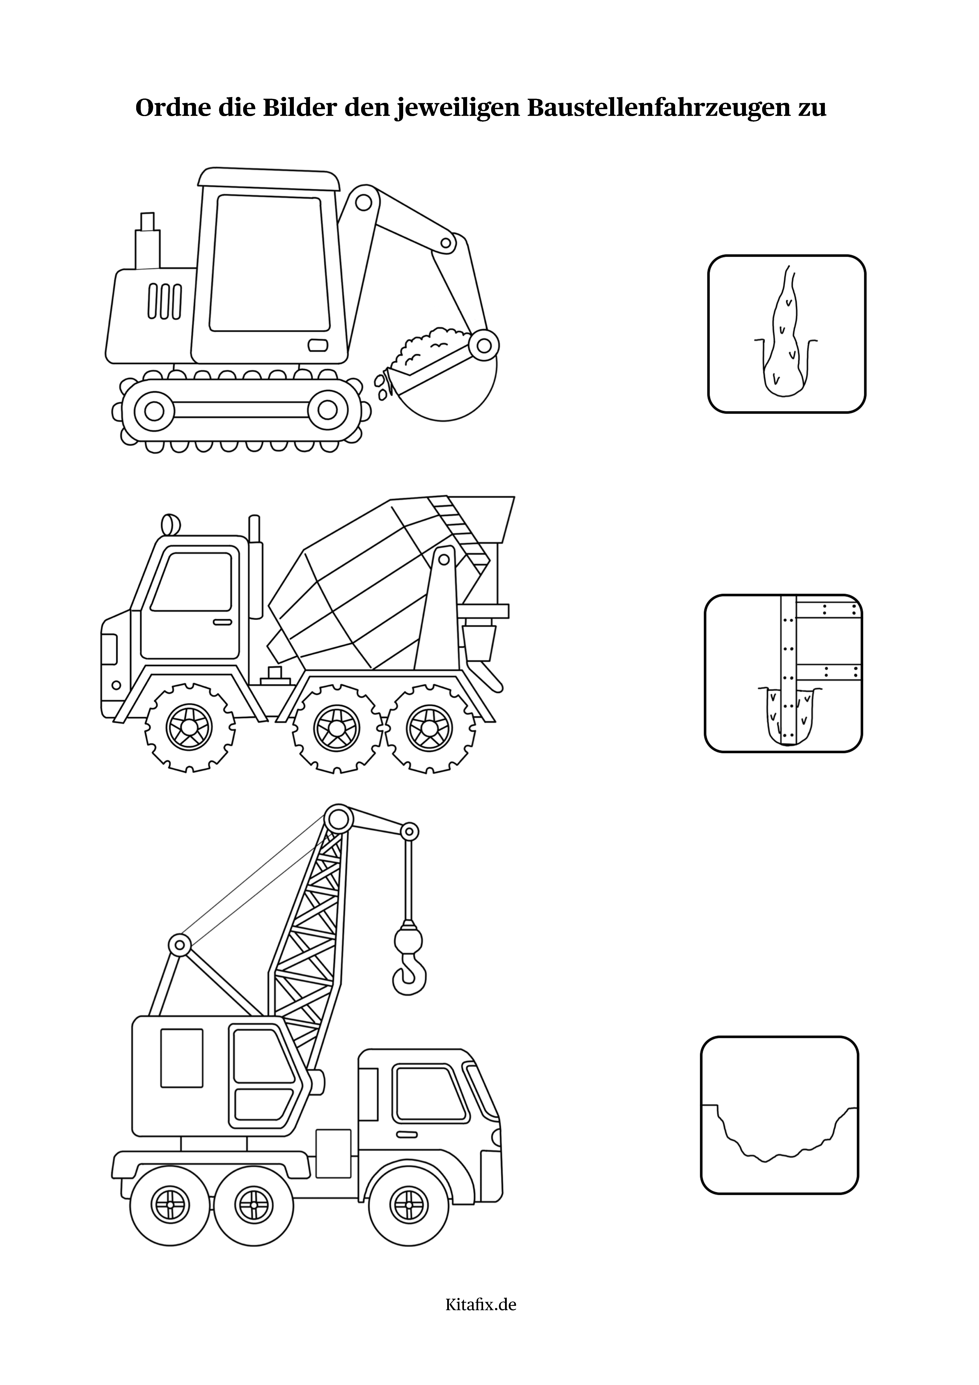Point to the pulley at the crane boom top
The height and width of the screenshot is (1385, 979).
[338, 819]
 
